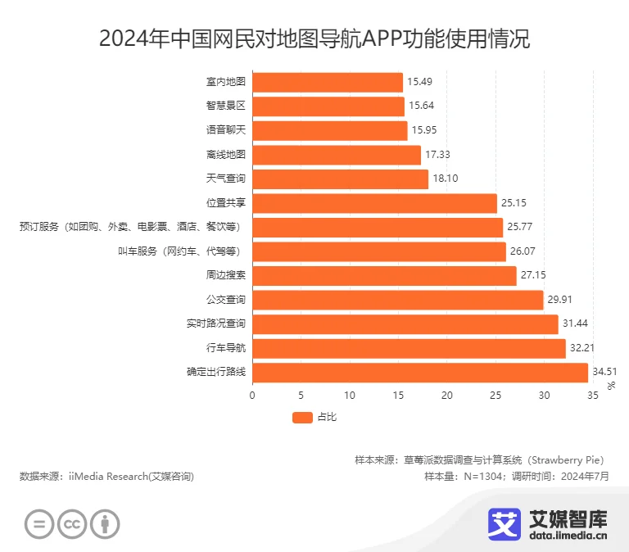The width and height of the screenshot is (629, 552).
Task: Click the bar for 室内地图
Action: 328,82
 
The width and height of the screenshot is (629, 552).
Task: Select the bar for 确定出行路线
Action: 420,373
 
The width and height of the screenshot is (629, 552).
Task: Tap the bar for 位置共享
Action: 374,203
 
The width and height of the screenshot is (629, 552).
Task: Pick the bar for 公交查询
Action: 397,300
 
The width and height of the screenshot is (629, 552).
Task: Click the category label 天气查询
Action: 226,179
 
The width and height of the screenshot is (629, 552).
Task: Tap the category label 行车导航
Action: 226,348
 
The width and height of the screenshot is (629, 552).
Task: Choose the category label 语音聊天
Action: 226,130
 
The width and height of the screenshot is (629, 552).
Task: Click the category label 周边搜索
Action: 226,275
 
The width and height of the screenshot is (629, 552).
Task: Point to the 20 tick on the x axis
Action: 447,396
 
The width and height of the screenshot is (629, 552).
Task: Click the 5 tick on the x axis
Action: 301,396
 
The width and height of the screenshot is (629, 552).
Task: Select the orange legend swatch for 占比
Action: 302,418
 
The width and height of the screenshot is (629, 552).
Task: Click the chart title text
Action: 314,38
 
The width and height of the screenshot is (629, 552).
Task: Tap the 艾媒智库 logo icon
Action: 505,524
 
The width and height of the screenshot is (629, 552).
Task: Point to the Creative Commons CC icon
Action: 72,524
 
